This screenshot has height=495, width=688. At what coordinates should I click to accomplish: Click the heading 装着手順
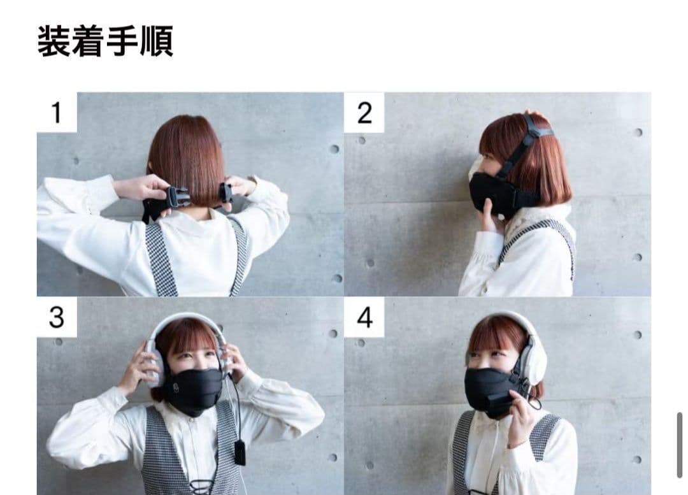pos(105,41)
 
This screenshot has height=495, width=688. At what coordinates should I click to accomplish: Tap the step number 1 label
pos(56,113)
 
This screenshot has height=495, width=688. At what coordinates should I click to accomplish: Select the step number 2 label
pos(364,113)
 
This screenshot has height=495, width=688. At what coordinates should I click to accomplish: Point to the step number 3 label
pos(57,317)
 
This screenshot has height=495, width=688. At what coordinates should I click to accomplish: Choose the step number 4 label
pos(364,317)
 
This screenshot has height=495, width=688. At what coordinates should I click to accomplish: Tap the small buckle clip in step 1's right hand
pos(226,192)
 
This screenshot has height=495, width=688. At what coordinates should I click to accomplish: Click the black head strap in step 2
pos(525,145)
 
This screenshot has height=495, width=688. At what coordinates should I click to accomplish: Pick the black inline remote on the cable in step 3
pos(239,452)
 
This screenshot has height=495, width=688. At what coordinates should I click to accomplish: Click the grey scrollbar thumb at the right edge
pos(680,445)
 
